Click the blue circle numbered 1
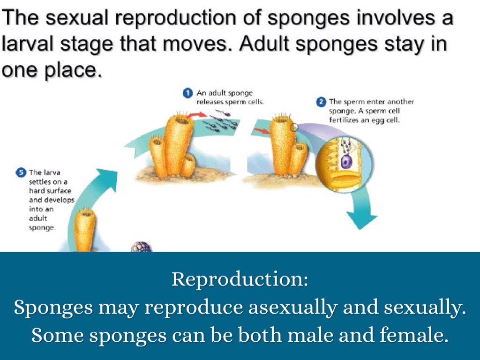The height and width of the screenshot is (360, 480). (187, 93)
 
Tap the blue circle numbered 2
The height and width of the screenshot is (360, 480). (321, 102)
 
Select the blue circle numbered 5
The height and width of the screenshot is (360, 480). (21, 172)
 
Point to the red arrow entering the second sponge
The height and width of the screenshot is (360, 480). (261, 131)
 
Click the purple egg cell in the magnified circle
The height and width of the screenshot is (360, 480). (346, 161)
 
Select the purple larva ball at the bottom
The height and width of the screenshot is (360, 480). (142, 247)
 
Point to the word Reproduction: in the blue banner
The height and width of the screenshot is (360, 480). (240, 279)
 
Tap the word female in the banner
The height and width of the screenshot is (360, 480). (412, 335)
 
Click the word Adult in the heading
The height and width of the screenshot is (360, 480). (264, 44)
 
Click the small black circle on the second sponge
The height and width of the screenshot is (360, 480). (294, 127)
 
